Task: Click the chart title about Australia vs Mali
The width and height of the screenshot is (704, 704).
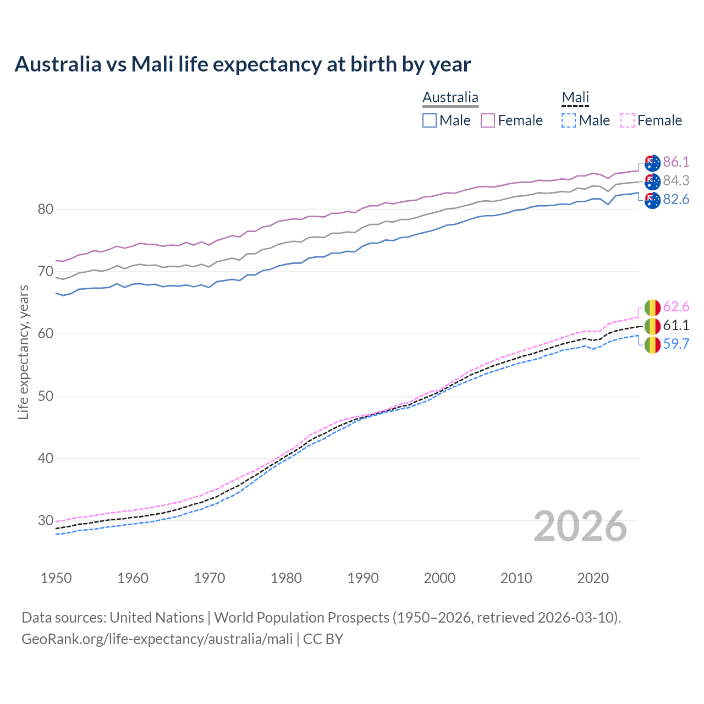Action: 243,64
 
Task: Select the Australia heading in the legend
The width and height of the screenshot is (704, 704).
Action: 450,98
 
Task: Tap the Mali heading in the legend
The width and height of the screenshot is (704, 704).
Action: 575,98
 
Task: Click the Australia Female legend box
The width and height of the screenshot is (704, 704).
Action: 488,120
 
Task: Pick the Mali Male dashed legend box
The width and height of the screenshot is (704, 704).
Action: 569,120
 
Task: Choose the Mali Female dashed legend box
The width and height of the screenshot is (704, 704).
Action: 628,120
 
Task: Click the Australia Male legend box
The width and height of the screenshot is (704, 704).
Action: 430,120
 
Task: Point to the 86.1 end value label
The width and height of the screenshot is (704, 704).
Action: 676,162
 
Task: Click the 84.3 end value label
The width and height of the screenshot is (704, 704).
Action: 676,180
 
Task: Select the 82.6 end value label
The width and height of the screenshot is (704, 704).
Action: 676,199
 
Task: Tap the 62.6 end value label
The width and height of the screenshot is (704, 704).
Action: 676,306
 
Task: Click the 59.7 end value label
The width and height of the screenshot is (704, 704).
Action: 676,344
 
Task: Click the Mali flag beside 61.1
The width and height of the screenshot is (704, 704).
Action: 652,326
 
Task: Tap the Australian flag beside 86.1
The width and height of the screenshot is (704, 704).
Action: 652,163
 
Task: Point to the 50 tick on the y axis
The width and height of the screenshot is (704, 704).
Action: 46,396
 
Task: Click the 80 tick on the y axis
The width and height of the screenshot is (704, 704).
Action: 46,209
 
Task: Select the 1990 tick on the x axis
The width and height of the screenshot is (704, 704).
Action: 363,578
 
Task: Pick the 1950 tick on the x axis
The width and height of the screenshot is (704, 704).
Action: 56,578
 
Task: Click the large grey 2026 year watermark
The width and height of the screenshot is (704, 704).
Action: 580,526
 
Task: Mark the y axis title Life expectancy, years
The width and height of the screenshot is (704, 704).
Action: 23,352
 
